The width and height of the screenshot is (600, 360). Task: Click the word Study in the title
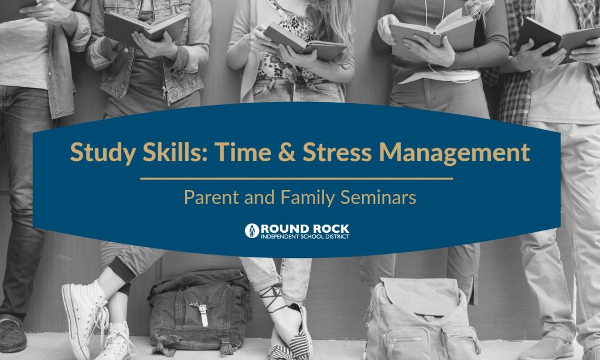102,152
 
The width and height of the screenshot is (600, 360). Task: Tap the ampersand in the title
287,152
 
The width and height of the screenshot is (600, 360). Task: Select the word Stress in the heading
337,152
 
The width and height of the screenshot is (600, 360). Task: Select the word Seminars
378,198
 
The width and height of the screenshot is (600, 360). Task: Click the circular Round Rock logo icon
252,230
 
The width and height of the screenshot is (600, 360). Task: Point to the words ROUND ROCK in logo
305,229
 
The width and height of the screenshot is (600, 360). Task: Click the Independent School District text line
305,237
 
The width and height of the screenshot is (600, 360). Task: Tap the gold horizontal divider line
296,178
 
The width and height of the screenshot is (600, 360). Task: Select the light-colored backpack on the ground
421,318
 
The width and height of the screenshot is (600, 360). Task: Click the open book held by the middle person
305,42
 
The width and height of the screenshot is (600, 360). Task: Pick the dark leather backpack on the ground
200,311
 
